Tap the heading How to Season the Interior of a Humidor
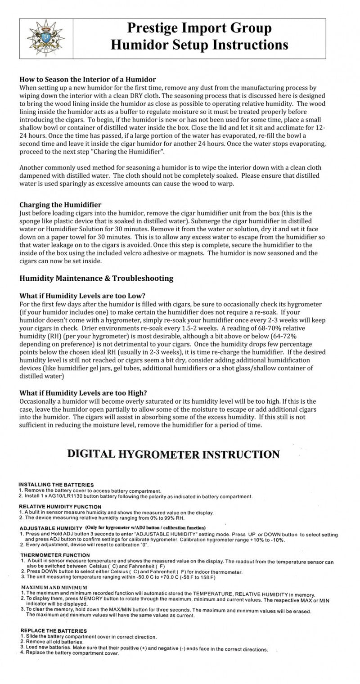87,79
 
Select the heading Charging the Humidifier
60,205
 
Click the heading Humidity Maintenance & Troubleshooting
96,278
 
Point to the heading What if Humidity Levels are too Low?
82,296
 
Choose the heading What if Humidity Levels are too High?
83,392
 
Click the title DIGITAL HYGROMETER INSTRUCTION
173,454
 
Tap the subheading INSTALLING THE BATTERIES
56,484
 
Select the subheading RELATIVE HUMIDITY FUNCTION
60,506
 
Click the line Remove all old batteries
57,642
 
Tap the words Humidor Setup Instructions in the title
199,45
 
